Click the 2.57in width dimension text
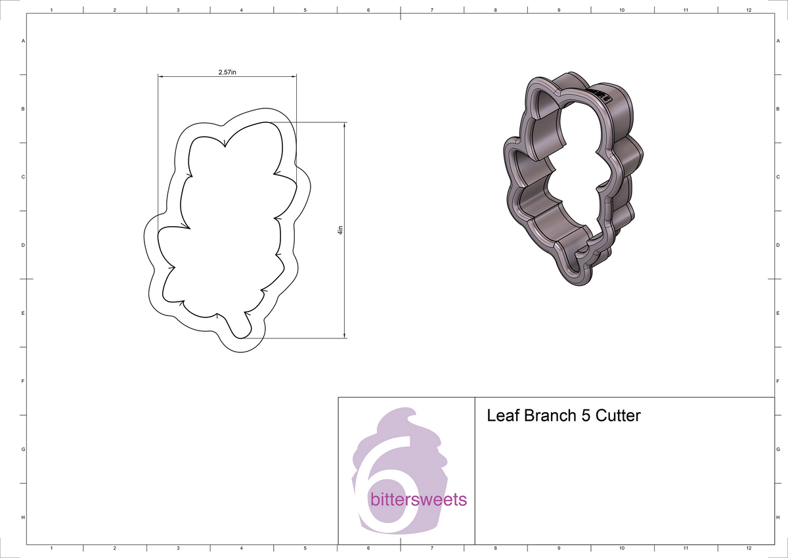pos(227,72)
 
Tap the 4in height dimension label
pos(339,230)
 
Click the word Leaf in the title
pos(500,416)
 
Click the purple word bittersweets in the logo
pos(418,500)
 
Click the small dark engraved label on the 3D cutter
pos(600,95)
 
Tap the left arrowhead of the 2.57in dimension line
pos(160,76)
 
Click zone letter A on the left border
pos(24,41)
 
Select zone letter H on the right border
pos(777,518)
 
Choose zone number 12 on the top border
pos(749,11)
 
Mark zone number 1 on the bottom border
pos(51,547)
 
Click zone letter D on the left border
pos(24,245)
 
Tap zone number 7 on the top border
pos(431,11)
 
